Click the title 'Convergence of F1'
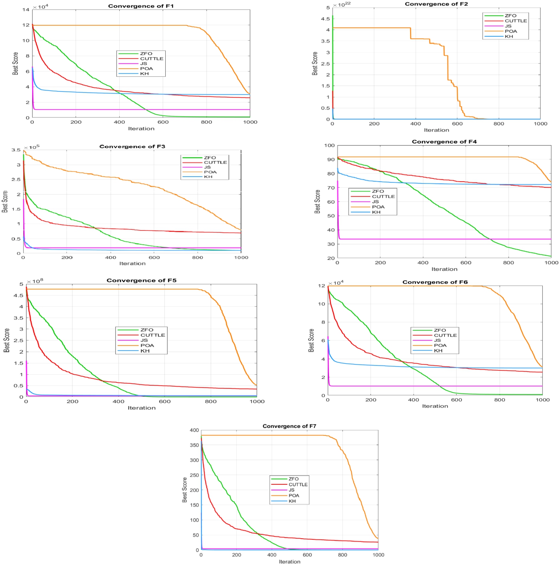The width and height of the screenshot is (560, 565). pyautogui.click(x=141, y=6)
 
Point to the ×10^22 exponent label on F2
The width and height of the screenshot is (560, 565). pyautogui.click(x=342, y=5)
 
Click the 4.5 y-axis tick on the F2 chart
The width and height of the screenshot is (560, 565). pyautogui.click(x=325, y=19)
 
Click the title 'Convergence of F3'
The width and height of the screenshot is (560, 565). pyautogui.click(x=132, y=146)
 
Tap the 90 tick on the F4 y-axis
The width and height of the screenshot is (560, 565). pyautogui.click(x=330, y=159)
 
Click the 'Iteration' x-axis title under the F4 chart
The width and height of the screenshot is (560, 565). pyautogui.click(x=444, y=269)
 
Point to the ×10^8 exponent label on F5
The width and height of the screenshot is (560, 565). pyautogui.click(x=35, y=281)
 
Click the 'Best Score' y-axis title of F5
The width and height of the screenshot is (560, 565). pyautogui.click(x=7, y=340)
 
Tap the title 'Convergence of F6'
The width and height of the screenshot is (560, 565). pyautogui.click(x=435, y=282)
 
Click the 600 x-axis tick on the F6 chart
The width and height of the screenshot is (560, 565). pyautogui.click(x=456, y=400)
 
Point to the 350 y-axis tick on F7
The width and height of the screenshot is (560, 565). pyautogui.click(x=194, y=445)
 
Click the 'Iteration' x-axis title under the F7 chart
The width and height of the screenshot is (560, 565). pyautogui.click(x=290, y=562)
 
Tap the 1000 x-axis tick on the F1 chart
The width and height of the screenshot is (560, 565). pyautogui.click(x=251, y=122)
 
